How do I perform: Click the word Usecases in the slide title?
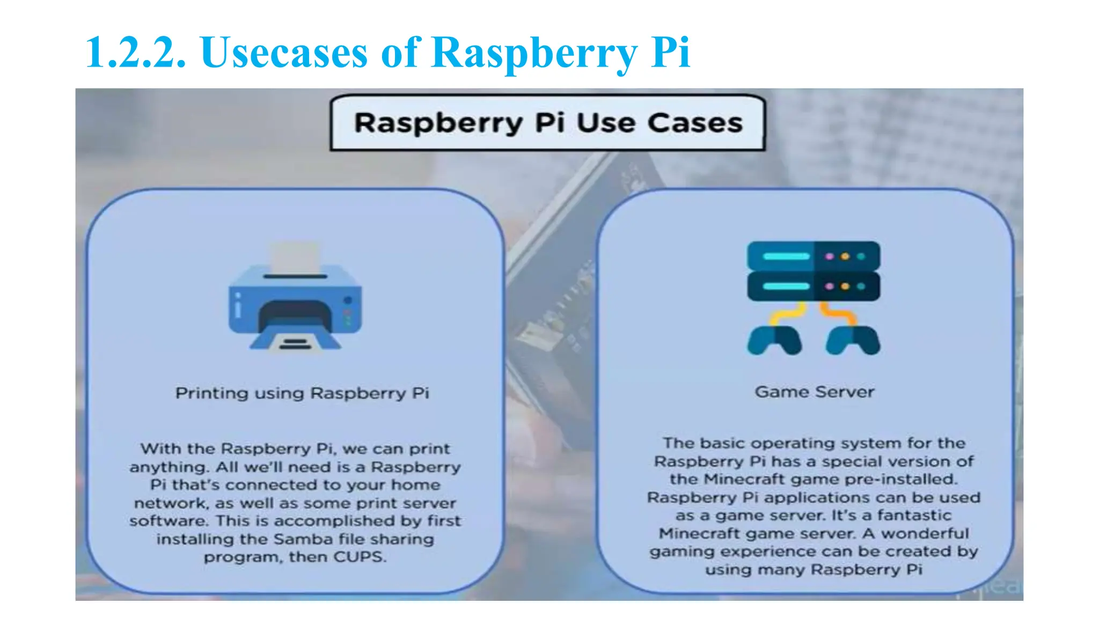pyautogui.click(x=284, y=53)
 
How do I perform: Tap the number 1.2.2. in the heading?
pyautogui.click(x=136, y=53)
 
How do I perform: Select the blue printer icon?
pyautogui.click(x=295, y=306)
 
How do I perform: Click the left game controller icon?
pyautogui.click(x=774, y=340)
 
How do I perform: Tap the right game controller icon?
pyautogui.click(x=853, y=340)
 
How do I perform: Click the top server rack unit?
pyautogui.click(x=813, y=256)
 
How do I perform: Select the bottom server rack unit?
pyautogui.click(x=813, y=286)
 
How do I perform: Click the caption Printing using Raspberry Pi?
pyautogui.click(x=302, y=393)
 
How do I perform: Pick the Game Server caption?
pyautogui.click(x=814, y=392)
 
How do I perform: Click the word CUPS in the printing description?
pyautogui.click(x=359, y=557)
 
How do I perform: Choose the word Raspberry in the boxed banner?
pyautogui.click(x=438, y=123)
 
